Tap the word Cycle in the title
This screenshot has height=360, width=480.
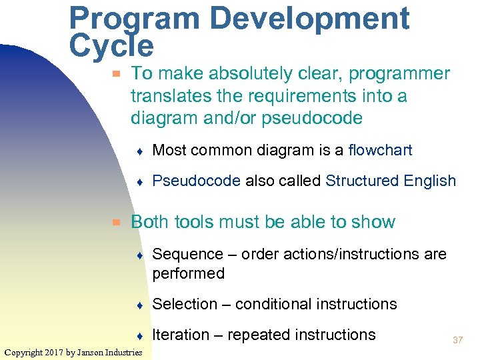tap(111, 47)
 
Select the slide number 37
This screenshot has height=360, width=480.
tap(457, 341)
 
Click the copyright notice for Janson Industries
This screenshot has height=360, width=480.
tap(73, 352)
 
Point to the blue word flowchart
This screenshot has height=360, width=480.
tap(380, 151)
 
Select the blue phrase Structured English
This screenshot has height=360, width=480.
tap(391, 181)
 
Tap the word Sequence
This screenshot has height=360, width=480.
tap(187, 255)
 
